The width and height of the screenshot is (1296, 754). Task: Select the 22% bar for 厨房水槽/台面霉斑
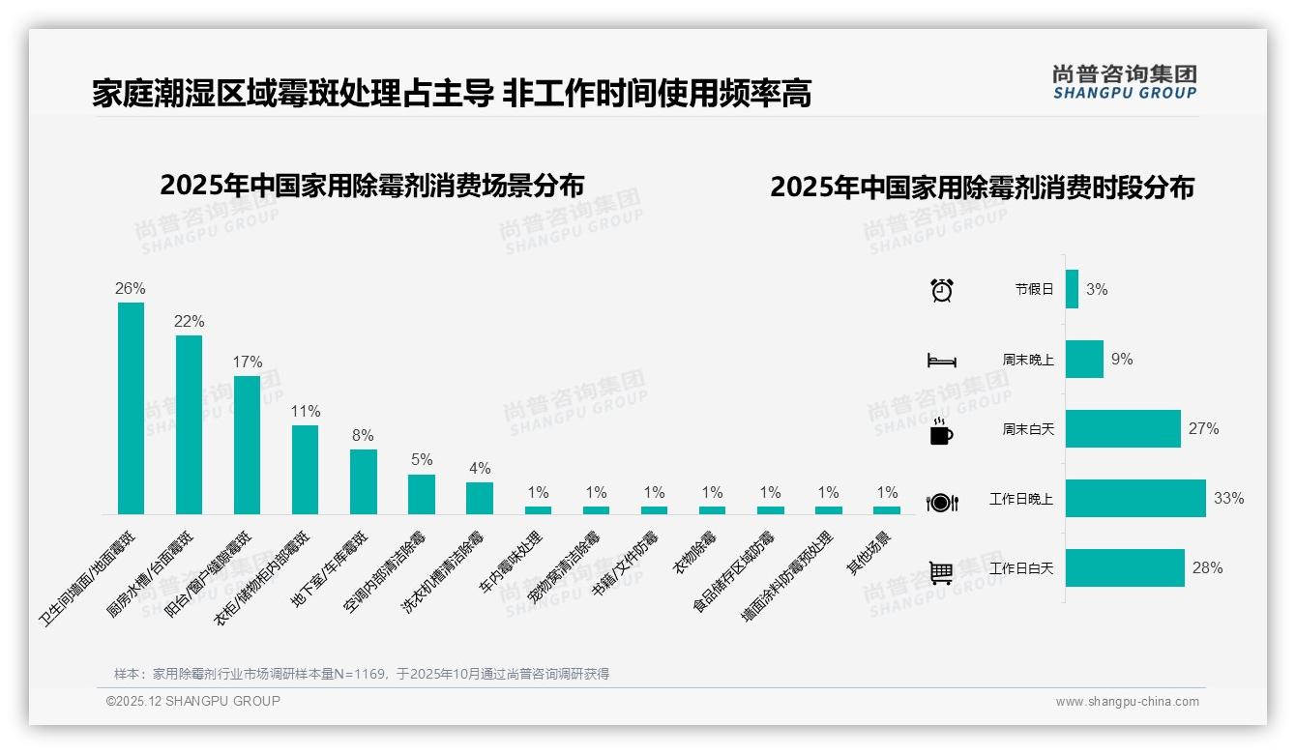[189, 424]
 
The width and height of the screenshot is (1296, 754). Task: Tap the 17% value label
[247, 362]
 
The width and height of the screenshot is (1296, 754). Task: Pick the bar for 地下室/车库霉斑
[364, 481]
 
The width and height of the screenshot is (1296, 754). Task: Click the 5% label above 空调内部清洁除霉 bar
[422, 459]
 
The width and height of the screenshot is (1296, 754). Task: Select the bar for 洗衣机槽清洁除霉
[480, 498]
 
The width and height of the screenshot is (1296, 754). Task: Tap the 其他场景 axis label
[869, 553]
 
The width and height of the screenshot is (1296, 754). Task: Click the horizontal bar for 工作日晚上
[1135, 499]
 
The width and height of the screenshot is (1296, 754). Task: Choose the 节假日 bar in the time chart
[1072, 289]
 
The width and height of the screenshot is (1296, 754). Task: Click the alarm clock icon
[942, 289]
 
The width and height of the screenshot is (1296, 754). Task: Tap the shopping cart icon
[941, 572]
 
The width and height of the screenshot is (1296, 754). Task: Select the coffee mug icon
[941, 432]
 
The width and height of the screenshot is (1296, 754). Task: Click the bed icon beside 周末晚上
[941, 361]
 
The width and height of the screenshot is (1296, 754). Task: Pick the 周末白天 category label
[1028, 429]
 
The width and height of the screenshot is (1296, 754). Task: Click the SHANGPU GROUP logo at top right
[1125, 82]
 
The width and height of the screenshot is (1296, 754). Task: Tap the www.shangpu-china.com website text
[1127, 702]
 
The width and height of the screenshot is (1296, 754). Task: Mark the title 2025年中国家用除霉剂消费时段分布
[982, 187]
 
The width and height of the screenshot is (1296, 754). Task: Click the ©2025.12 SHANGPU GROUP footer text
[193, 701]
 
